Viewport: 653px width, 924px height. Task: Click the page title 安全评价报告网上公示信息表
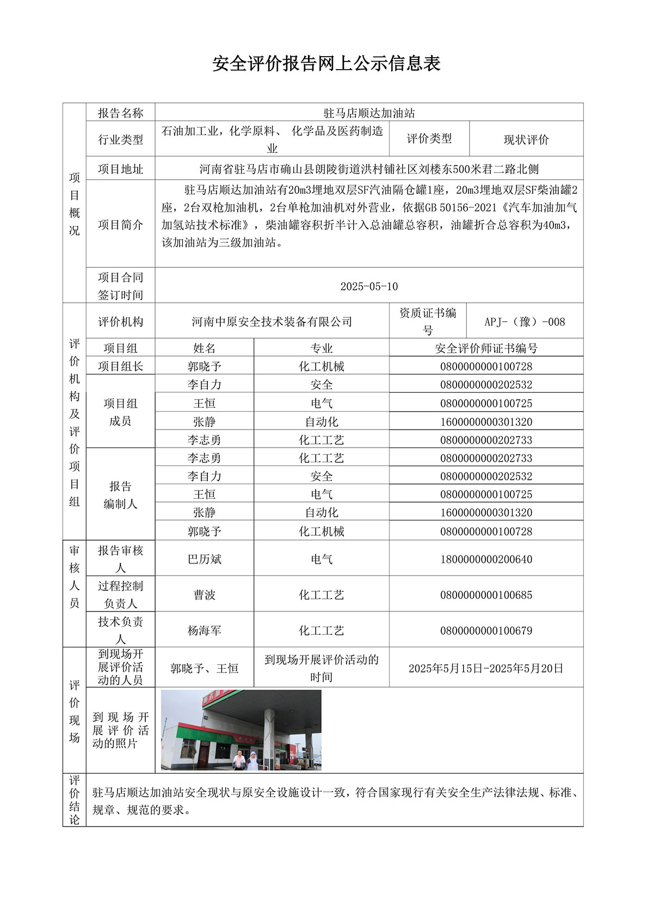pos(326,64)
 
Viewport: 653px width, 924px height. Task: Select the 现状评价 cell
pos(526,139)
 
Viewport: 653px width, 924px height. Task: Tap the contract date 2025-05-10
pos(369,286)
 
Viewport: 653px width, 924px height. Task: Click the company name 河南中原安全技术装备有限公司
pos(272,322)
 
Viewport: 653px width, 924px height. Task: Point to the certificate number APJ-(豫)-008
pos(525,322)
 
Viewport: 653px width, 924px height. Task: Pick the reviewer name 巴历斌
pos(204,559)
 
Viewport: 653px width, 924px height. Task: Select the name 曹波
pos(204,595)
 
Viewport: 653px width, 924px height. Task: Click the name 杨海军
pos(204,631)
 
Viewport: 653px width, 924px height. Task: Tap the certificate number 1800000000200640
pos(486,559)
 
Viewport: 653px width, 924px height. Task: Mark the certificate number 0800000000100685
pos(486,595)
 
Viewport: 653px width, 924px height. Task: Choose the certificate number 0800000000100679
pos(486,631)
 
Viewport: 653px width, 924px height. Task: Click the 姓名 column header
pos(204,348)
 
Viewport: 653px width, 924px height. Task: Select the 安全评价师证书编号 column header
pos(486,348)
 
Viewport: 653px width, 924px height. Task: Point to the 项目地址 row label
pos(120,169)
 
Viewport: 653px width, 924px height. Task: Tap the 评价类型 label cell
pos(429,139)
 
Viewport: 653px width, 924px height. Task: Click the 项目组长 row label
pos(120,366)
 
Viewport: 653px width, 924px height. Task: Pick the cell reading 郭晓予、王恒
pos(204,668)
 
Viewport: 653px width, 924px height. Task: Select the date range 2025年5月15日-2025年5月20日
pos(486,668)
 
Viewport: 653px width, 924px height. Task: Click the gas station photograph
pos(241,730)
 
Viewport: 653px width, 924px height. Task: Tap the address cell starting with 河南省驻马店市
pos(369,169)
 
